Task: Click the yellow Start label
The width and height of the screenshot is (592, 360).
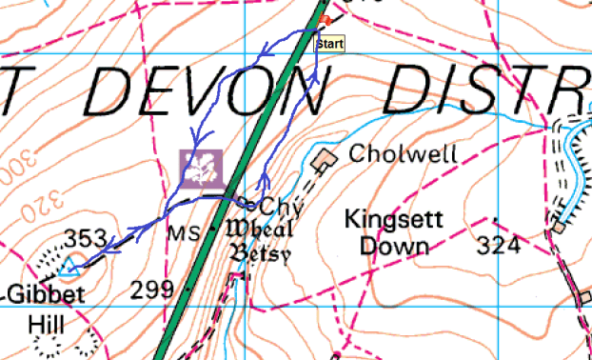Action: (329, 43)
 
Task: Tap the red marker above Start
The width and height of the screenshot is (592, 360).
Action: (326, 20)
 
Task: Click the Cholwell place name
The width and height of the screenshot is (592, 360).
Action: (390, 153)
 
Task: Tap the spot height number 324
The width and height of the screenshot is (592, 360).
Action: (498, 247)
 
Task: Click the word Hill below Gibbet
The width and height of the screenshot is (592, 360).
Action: (45, 325)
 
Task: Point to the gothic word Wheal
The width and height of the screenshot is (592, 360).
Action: (258, 230)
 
